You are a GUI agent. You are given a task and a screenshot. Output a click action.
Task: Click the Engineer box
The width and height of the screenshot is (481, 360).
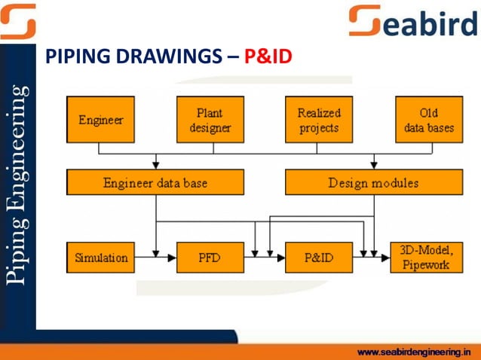point(100,120)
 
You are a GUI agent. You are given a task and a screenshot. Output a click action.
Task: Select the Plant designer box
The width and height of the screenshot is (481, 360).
point(210,120)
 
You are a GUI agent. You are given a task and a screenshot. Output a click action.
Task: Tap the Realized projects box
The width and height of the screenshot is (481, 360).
point(319,120)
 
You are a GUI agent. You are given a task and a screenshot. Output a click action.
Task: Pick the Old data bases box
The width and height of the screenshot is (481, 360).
point(429,120)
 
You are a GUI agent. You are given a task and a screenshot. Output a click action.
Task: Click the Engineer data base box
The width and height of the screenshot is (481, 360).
point(155,182)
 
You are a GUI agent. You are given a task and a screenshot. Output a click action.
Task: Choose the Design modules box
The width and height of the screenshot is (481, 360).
point(373,182)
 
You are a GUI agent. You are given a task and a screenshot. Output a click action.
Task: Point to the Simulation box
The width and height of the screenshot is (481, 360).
point(100,258)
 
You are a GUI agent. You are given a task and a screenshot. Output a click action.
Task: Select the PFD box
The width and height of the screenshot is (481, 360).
point(210,258)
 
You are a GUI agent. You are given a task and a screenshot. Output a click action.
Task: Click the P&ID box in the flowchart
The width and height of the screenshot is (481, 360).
point(319,258)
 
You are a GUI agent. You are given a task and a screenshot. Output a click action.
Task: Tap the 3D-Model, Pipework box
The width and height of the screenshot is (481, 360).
point(426,258)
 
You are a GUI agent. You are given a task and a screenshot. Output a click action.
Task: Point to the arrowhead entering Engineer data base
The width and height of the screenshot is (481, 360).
point(155,165)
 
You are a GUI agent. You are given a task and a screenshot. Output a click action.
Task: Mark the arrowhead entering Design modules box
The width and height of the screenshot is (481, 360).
point(373,165)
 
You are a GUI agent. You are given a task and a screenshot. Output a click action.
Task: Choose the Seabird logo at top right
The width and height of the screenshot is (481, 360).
point(413,20)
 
